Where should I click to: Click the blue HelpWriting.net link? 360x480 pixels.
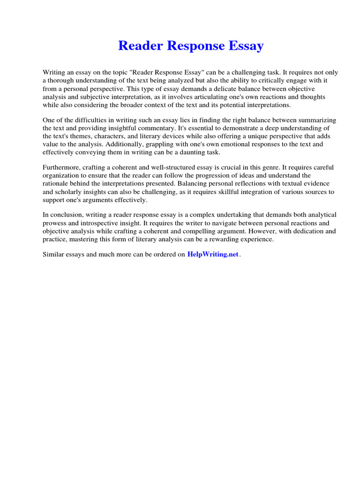[213, 255]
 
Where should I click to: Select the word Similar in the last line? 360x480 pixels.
[54, 255]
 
